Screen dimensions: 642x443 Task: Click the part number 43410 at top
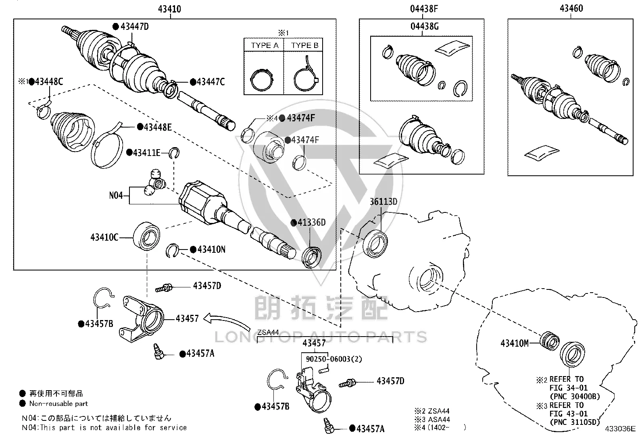coord(169,9)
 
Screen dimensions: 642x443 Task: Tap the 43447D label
coord(134,27)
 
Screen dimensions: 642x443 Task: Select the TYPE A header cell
coord(264,45)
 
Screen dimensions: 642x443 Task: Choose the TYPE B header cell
coord(304,45)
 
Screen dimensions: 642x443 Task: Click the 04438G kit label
coord(425,26)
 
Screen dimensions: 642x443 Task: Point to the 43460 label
coord(571,8)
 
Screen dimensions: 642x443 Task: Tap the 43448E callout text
coord(158,127)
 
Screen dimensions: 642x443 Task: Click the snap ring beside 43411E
coord(174,153)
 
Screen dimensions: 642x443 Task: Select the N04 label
coord(116,196)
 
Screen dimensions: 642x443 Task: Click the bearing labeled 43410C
coord(146,236)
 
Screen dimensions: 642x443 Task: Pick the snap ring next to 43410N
coord(173,250)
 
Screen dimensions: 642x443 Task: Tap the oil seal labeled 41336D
coord(311,257)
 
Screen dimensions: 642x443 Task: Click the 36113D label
coord(383,202)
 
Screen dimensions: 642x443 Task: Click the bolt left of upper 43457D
coord(164,287)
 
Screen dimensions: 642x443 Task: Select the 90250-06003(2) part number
coord(334,359)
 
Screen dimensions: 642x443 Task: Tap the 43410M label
coord(515,343)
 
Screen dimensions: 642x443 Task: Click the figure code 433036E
coord(620,428)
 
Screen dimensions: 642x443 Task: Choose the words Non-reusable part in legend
coord(58,403)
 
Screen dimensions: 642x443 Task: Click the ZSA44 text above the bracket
coord(268,332)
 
